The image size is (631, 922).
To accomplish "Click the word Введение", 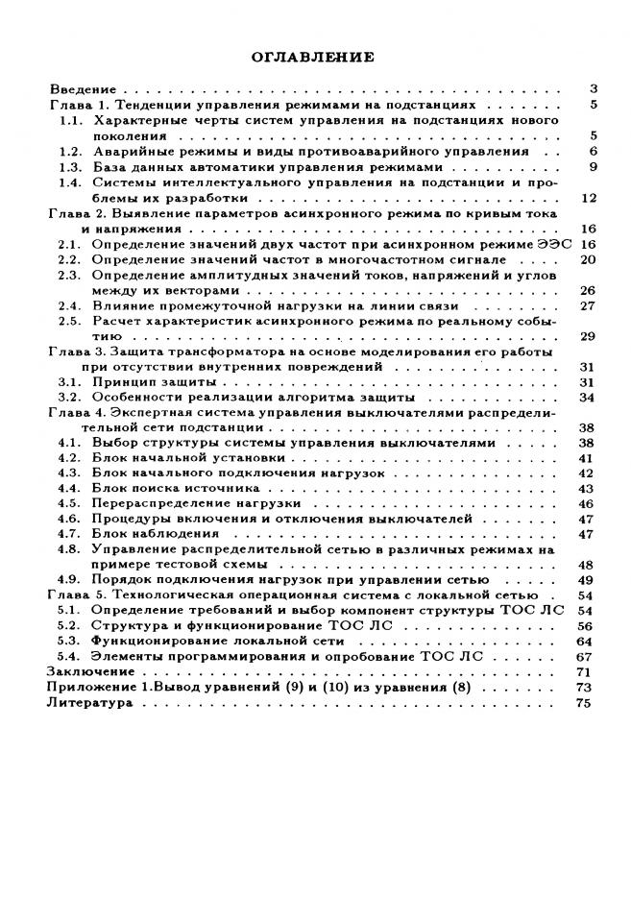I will [x=75, y=88].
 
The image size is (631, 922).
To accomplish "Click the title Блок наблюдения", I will [x=154, y=533].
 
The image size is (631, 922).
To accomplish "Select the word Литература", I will [x=85, y=702].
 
